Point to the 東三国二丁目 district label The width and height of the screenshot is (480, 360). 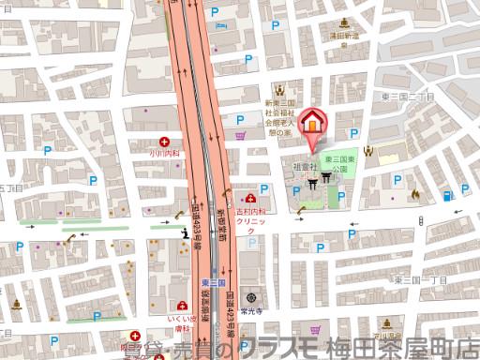[405, 96]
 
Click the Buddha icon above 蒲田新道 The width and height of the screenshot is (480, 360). [344, 22]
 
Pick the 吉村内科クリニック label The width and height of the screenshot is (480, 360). [250, 221]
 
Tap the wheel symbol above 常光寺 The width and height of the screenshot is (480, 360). [250, 297]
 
